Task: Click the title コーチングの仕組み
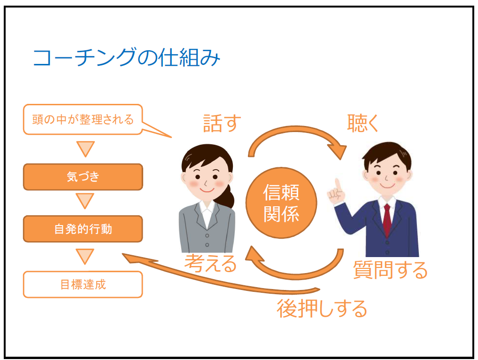126,57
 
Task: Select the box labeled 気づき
83,177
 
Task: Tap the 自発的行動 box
83,229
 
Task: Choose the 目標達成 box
83,284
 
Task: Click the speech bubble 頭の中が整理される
83,119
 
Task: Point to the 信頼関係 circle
281,203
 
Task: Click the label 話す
222,123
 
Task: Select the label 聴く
363,123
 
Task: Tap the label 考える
210,263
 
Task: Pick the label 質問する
390,270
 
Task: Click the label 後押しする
322,308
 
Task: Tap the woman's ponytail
228,195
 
